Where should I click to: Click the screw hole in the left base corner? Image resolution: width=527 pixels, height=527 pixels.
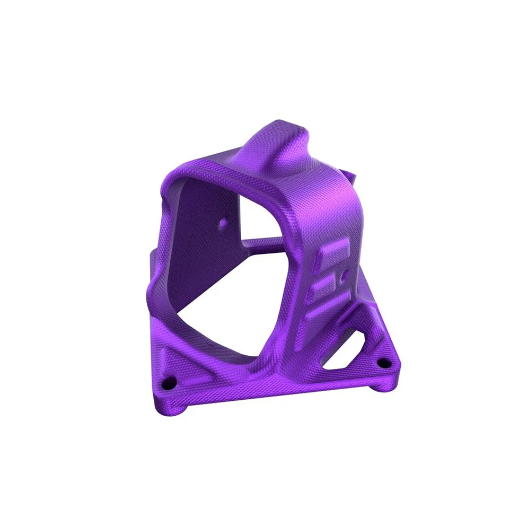pos(170,382)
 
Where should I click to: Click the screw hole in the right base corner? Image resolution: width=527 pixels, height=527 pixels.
pos(382,363)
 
